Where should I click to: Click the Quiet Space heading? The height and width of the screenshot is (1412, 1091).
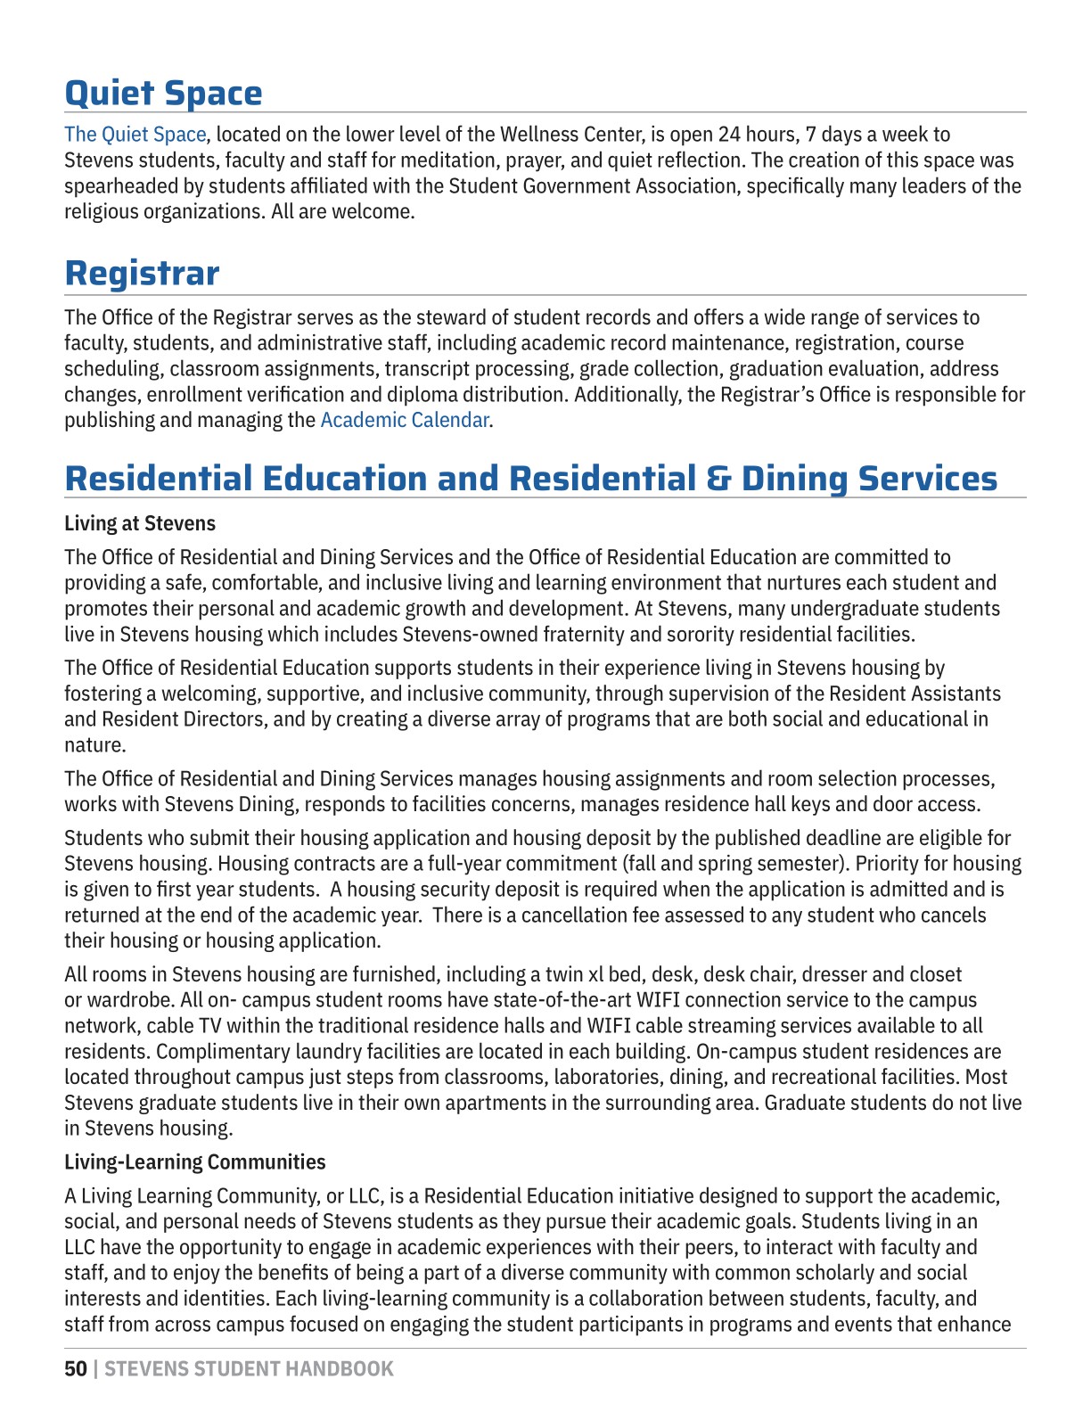163,94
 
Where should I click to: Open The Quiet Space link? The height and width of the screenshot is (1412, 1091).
135,135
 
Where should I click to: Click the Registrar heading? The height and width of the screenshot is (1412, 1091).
142,273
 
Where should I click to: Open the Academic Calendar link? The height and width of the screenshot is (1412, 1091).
404,420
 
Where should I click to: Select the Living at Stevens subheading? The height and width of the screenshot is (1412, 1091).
140,523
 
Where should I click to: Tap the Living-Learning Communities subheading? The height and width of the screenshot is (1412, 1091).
194,1162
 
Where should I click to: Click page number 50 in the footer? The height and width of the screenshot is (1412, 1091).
76,1368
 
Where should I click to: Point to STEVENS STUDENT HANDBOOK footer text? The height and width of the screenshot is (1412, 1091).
249,1368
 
